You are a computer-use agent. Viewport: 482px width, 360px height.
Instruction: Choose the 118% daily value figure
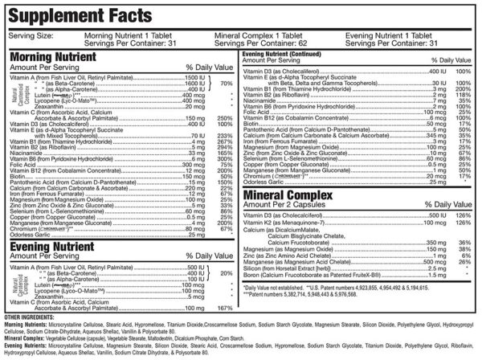click(x=462, y=94)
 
